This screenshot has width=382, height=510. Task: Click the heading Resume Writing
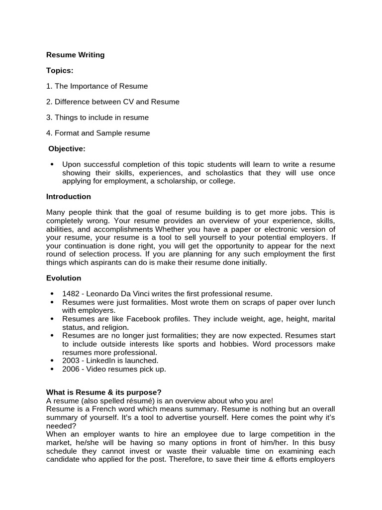[x=75, y=55]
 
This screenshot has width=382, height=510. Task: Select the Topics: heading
[x=60, y=71]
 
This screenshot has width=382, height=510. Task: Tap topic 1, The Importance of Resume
[x=97, y=86]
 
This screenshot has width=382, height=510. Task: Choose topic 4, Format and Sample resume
[x=98, y=133]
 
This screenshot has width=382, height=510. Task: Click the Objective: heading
[x=67, y=148]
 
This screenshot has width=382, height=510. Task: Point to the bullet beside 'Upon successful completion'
[x=52, y=164]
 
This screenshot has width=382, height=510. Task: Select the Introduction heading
[x=69, y=197]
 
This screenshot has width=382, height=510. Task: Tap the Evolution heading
[x=64, y=278]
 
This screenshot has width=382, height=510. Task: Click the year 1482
[x=71, y=294]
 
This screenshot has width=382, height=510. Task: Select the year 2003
[x=71, y=360]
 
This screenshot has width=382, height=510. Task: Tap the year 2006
[x=71, y=369]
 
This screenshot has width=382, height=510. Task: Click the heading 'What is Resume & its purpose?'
[x=104, y=392]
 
